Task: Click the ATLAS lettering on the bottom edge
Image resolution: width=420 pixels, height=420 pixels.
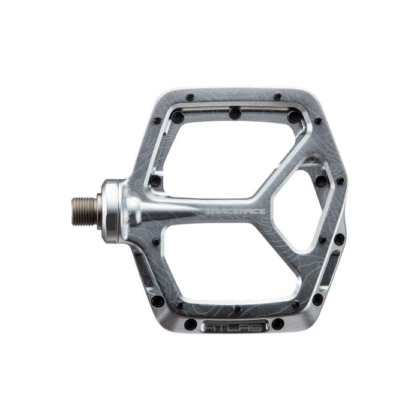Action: pos(234,328)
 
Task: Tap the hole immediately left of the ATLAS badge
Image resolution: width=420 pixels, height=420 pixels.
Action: pos(191,325)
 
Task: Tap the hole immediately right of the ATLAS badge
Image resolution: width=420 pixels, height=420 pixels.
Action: pos(278,324)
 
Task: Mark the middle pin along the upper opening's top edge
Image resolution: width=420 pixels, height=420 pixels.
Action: pos(235,111)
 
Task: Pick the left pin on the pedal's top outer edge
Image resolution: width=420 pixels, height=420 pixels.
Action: pos(190,97)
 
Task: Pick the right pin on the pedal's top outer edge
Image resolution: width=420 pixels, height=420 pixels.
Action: pos(277,97)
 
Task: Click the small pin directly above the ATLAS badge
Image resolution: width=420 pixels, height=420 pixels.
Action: pos(238,308)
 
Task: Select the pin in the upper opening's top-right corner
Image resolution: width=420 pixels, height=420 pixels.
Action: pos(293,116)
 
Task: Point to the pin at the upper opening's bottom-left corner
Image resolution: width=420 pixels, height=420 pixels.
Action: pos(155,180)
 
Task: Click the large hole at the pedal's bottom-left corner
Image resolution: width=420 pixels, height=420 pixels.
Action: pos(157,301)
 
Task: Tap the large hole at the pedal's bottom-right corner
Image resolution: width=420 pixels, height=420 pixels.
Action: pos(317,299)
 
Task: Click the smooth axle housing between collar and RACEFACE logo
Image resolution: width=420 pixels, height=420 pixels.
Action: pos(144,210)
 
